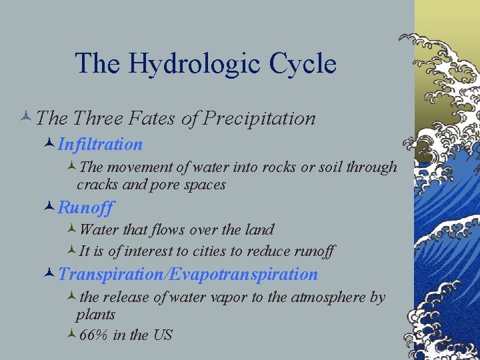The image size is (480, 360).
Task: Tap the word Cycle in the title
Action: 303,65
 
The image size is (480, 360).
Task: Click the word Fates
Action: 160,119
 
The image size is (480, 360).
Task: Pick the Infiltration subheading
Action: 100,144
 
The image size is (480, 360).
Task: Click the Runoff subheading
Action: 86,207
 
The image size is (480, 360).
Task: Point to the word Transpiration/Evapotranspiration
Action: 188,274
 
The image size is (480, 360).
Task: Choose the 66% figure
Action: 94,335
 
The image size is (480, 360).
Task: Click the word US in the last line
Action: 163,335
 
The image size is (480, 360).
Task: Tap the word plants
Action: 95,315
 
